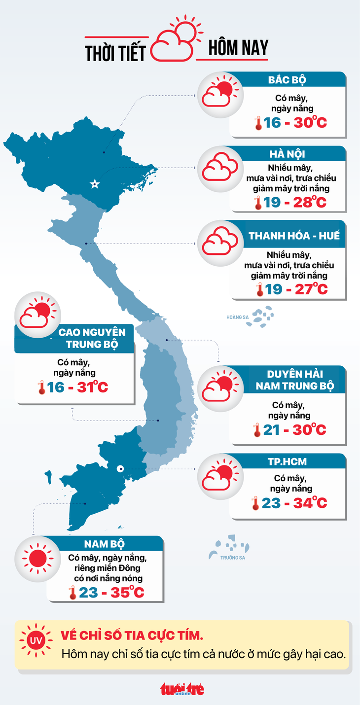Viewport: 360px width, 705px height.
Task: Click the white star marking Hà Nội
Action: click(x=94, y=184)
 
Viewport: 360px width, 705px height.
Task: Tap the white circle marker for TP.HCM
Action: click(x=120, y=469)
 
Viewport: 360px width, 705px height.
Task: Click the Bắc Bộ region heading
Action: click(x=287, y=80)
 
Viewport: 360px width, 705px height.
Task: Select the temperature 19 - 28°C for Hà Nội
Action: click(x=290, y=203)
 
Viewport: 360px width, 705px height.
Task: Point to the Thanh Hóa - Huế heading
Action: click(x=294, y=236)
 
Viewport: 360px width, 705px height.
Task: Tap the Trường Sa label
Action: click(x=233, y=558)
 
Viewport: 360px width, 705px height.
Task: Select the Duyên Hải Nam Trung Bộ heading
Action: click(x=294, y=380)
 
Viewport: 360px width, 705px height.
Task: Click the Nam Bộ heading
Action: click(x=104, y=544)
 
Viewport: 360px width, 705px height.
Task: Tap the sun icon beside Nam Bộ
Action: click(x=37, y=558)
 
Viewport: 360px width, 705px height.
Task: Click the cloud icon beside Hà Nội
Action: click(x=220, y=169)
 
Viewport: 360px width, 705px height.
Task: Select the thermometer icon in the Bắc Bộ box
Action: click(x=258, y=123)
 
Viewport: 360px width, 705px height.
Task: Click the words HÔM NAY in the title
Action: click(x=238, y=48)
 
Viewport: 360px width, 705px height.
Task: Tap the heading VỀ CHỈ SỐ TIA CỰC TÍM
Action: click(x=131, y=635)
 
